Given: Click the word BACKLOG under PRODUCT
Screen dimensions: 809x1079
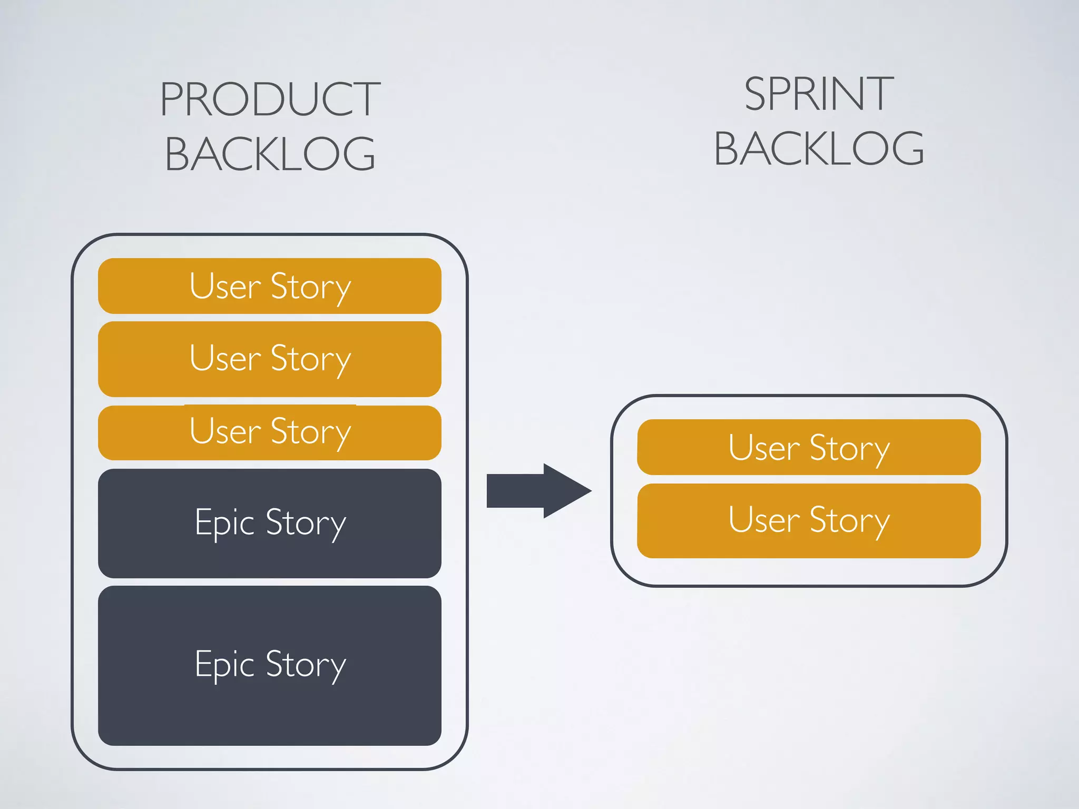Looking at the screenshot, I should pyautogui.click(x=270, y=154).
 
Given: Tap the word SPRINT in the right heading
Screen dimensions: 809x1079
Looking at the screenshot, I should pyautogui.click(x=818, y=94).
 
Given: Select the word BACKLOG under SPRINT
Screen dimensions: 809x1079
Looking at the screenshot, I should pyautogui.click(x=818, y=149).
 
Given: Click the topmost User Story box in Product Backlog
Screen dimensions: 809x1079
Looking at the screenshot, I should pyautogui.click(x=269, y=286).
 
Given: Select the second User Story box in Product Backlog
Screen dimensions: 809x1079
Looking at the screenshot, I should pyautogui.click(x=269, y=359).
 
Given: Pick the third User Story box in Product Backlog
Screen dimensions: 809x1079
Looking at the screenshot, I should pyautogui.click(x=269, y=433).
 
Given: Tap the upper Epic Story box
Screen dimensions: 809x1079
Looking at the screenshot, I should pyautogui.click(x=269, y=524).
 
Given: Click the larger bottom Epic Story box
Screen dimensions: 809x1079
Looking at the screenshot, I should pyautogui.click(x=269, y=666).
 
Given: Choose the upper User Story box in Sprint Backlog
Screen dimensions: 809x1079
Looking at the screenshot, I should pyautogui.click(x=809, y=447).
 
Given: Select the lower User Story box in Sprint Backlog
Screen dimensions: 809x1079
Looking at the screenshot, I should pyautogui.click(x=809, y=521).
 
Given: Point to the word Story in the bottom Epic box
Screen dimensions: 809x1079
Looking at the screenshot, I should pyautogui.click(x=306, y=666).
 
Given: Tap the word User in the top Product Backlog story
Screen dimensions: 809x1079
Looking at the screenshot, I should pyautogui.click(x=225, y=287).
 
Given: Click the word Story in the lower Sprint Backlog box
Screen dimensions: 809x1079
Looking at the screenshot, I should pyautogui.click(x=849, y=521).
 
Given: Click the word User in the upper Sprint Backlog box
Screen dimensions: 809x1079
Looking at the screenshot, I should pyautogui.click(x=764, y=448).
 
